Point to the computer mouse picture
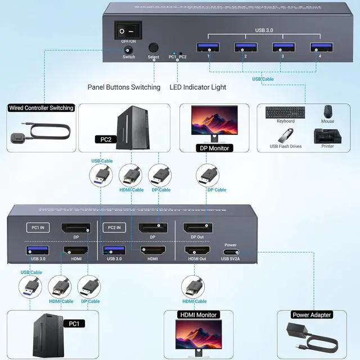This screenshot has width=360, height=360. coord(327,110)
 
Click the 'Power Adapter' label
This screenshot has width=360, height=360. coord(312,315)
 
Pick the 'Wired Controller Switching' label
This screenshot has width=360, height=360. coord(42,107)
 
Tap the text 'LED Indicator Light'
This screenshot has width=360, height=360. coord(198,87)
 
